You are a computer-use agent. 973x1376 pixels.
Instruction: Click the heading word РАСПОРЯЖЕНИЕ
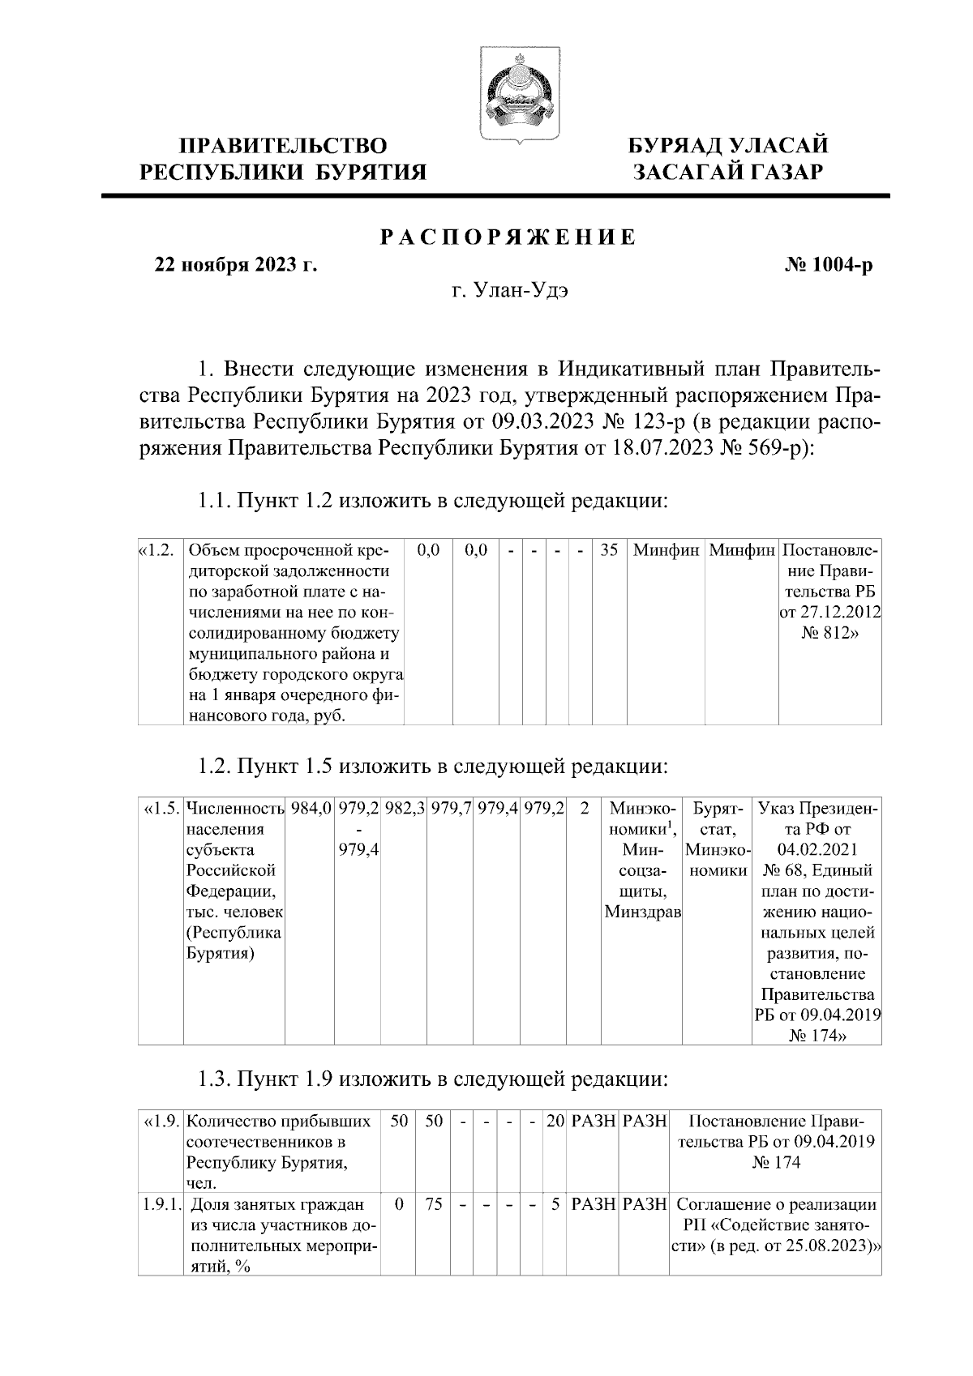508,237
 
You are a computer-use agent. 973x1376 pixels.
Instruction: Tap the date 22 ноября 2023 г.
235,265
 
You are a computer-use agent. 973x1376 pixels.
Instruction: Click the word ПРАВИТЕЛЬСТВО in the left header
283,146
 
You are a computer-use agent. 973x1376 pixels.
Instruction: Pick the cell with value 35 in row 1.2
608,550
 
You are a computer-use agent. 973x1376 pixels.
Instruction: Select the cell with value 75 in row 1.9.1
434,1204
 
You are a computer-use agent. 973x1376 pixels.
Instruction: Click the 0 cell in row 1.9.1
399,1204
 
